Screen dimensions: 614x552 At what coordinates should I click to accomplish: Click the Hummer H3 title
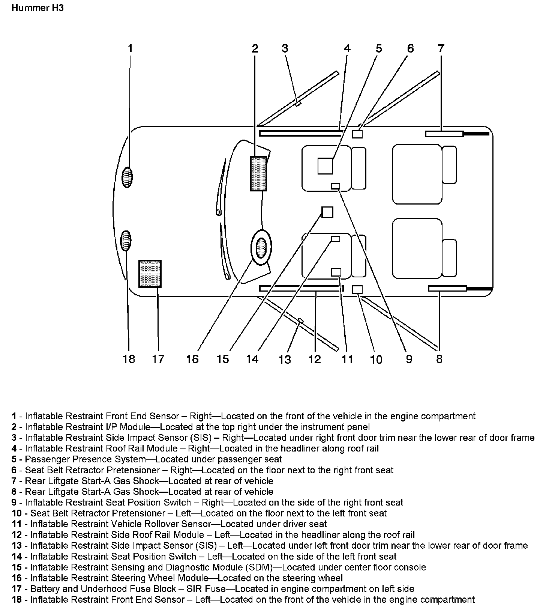click(x=37, y=8)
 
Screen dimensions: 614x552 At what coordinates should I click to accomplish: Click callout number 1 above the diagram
click(x=130, y=48)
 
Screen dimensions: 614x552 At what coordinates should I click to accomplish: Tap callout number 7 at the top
click(x=441, y=48)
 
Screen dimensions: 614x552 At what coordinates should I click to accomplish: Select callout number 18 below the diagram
click(x=129, y=359)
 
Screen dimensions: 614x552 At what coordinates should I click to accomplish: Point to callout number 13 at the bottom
click(x=285, y=360)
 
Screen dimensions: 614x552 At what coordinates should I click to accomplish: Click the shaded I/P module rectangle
click(x=258, y=173)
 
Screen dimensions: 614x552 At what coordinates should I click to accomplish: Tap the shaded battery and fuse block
click(x=150, y=274)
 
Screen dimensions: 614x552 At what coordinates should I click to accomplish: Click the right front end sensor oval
click(x=127, y=177)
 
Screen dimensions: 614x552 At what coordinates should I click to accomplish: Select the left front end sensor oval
click(x=126, y=241)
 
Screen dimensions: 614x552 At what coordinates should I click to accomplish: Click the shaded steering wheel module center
click(x=261, y=248)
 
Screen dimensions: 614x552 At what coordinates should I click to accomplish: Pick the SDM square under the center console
click(x=327, y=212)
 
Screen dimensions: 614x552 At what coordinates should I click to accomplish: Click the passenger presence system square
click(x=325, y=166)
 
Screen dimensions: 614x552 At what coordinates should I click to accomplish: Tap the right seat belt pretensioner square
click(x=357, y=134)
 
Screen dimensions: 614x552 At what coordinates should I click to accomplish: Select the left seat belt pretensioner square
click(x=358, y=289)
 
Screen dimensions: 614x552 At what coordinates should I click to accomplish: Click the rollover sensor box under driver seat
click(x=336, y=272)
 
